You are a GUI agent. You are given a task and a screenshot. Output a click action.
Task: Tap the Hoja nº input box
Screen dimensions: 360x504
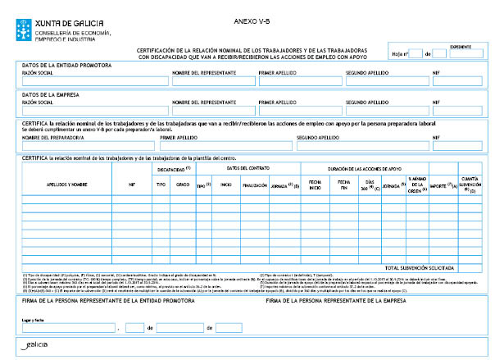(x=415, y=54)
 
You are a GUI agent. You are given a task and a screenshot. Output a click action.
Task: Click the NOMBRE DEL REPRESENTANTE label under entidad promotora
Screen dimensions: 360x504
(x=204, y=73)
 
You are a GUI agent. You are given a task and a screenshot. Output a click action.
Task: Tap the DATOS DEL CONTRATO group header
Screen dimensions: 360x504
(x=247, y=167)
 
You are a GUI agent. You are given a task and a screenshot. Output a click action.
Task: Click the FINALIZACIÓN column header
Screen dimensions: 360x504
(x=254, y=186)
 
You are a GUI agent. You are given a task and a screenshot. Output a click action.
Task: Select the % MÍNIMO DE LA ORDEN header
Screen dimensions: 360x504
(x=418, y=184)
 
